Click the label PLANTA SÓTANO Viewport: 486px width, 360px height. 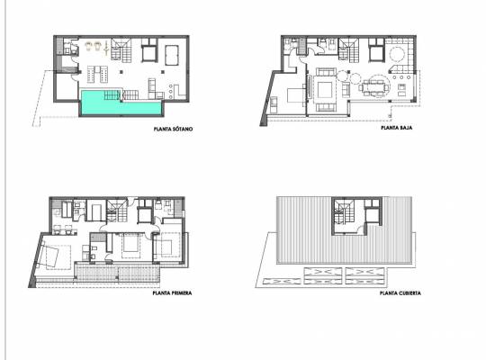[175, 130]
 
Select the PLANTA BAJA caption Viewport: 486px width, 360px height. [396, 130]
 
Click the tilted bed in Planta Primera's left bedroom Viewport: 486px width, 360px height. [54, 255]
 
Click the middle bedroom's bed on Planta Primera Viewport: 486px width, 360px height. [130, 244]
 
